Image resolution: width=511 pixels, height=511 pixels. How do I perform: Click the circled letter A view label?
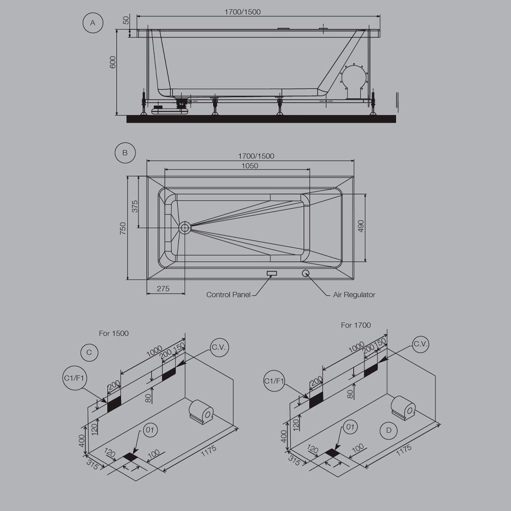(x=93, y=23)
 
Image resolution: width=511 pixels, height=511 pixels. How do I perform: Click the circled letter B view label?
(x=125, y=152)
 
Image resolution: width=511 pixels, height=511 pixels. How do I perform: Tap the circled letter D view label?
(x=389, y=431)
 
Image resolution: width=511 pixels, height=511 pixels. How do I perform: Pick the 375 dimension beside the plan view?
(x=135, y=206)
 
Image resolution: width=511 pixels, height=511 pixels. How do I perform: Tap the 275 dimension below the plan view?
(x=163, y=289)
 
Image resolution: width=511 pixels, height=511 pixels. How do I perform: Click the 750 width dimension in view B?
(x=123, y=228)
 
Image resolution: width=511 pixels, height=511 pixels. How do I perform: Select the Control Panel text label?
(x=228, y=295)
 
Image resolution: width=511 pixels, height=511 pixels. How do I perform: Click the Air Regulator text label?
(x=354, y=295)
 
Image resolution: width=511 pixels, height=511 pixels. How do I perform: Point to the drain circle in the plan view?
(x=184, y=227)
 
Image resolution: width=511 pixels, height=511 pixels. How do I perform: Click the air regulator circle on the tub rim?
(x=306, y=272)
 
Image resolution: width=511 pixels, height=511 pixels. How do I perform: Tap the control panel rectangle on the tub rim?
(x=271, y=273)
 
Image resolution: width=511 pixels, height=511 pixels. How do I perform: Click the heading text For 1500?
(x=114, y=333)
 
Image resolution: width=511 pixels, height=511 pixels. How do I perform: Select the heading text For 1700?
(x=356, y=325)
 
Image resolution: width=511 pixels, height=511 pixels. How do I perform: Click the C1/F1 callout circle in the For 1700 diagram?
(x=275, y=381)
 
